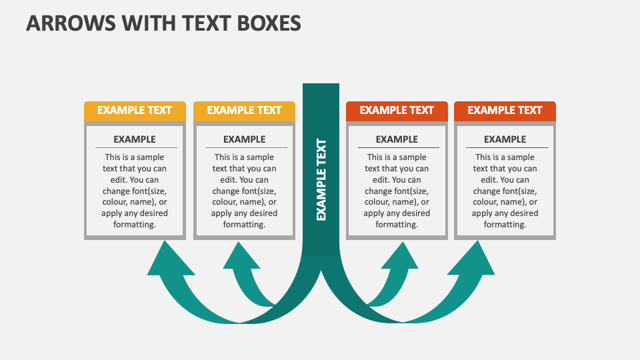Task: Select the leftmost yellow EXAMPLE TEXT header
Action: point(135,111)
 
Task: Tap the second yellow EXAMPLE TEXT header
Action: point(244,111)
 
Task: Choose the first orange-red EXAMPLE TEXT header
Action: point(397,111)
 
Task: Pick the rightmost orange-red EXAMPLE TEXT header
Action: point(505,111)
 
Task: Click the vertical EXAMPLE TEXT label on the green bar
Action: point(321,179)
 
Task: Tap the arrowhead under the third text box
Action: point(402,257)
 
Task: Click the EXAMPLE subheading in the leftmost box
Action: point(135,139)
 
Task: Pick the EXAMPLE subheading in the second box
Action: point(244,139)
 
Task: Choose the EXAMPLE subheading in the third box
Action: point(397,139)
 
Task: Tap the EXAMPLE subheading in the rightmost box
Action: point(505,139)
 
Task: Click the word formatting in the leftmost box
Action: point(135,225)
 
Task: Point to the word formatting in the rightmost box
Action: point(505,225)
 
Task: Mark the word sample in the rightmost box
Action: point(520,157)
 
